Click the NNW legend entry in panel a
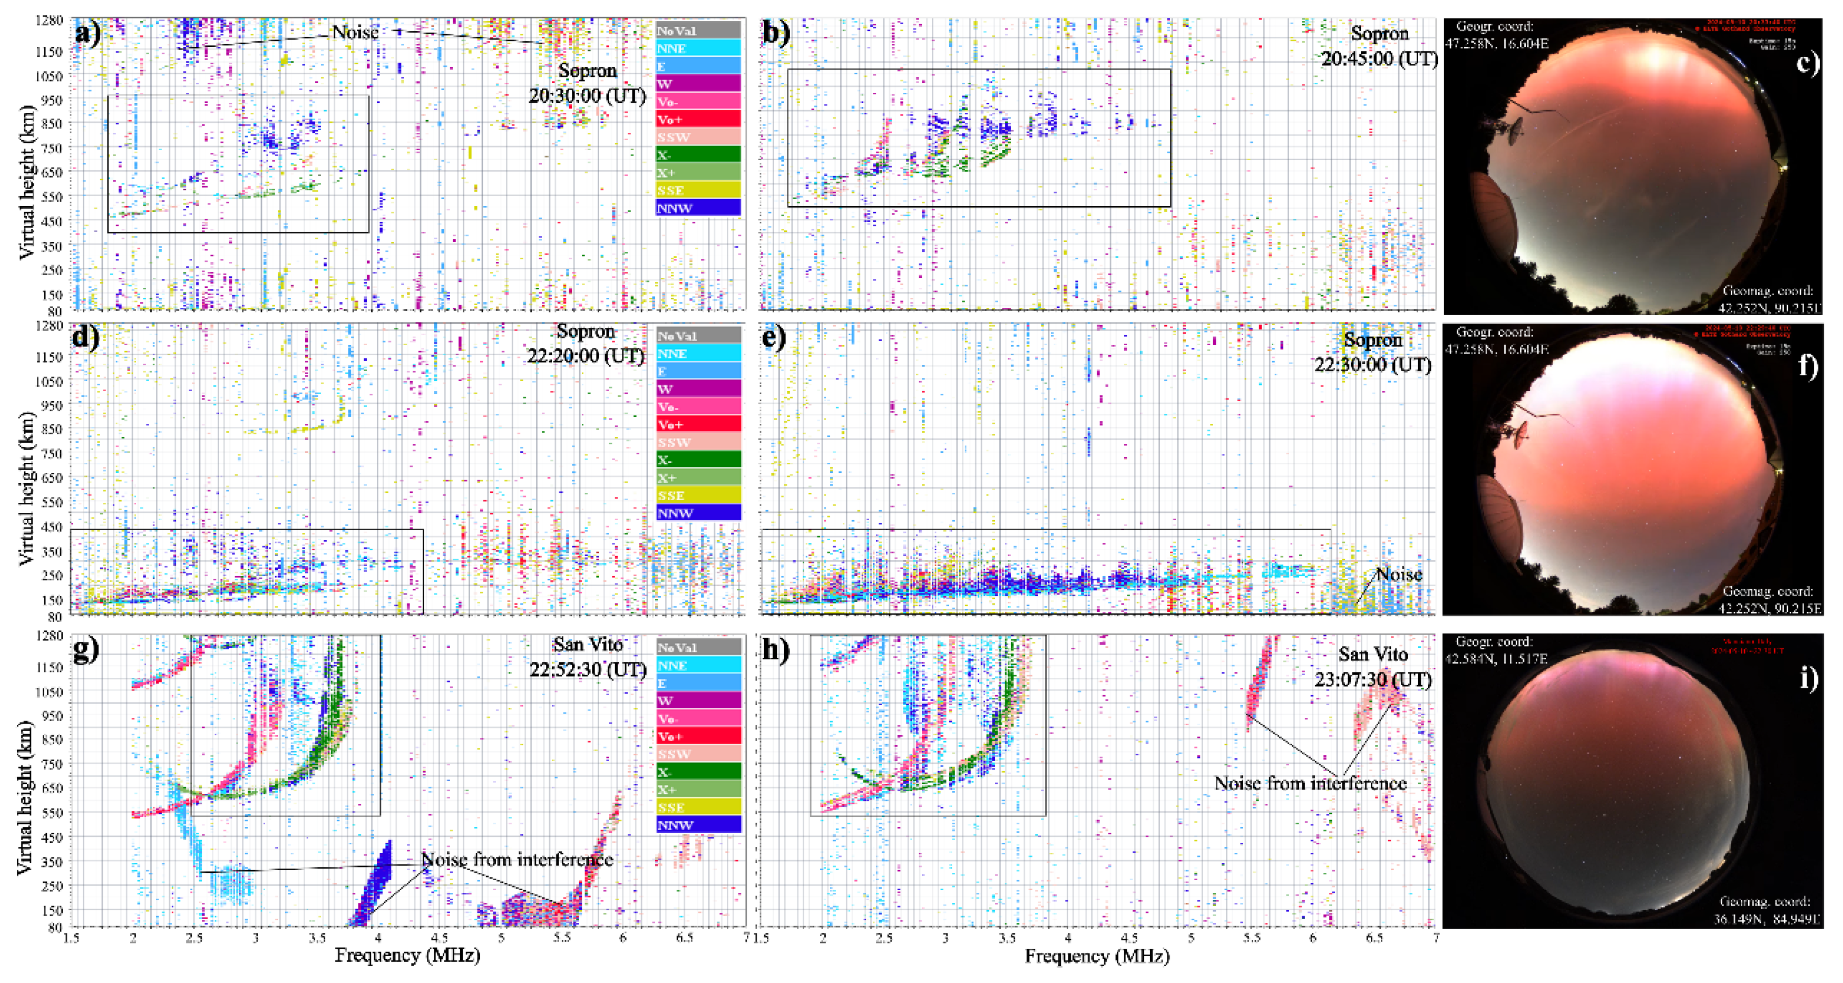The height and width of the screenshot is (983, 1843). [x=698, y=208]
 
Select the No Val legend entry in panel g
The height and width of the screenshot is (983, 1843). [x=698, y=647]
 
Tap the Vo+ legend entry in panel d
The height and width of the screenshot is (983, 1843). [x=698, y=424]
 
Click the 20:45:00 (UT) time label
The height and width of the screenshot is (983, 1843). [x=1379, y=59]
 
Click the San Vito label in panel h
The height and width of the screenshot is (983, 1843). [x=1373, y=654]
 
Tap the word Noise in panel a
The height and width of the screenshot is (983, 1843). [x=355, y=32]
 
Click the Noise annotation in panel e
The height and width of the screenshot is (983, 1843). [x=1399, y=575]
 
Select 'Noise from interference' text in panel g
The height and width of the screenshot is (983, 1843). [x=516, y=859]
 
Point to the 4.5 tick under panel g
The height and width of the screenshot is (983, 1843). [x=440, y=937]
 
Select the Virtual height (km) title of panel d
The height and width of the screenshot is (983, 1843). [x=26, y=488]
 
